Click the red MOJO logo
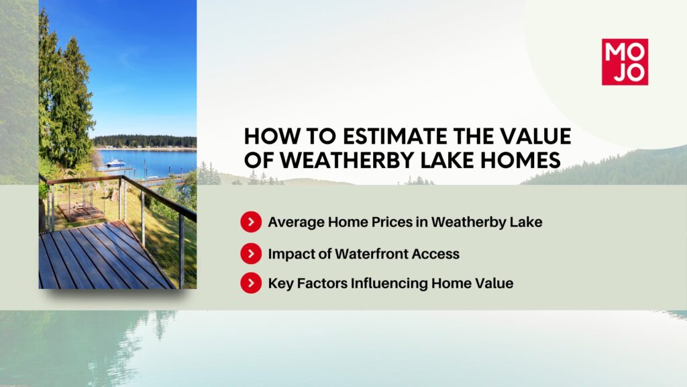(x=625, y=62)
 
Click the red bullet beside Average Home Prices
(x=251, y=222)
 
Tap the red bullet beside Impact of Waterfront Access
(x=251, y=253)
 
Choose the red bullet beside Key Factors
(x=251, y=283)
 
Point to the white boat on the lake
(x=115, y=163)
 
